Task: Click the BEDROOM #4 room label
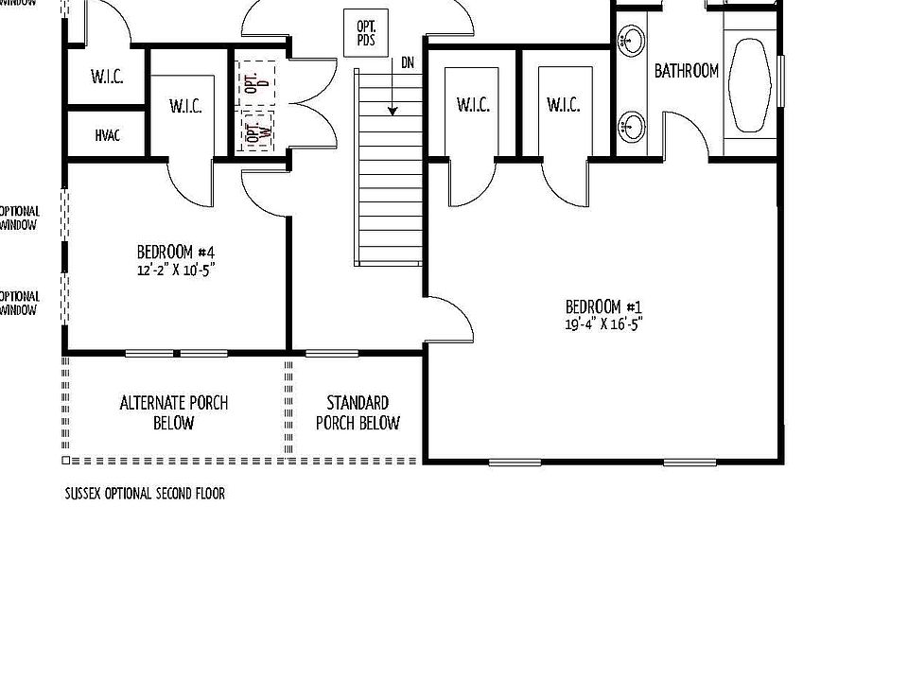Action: coord(176,253)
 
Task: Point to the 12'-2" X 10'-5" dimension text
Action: coord(176,269)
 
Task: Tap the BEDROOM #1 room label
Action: coord(604,306)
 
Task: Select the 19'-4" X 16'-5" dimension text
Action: coord(604,323)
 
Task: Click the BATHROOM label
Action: coord(687,71)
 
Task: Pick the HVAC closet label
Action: coord(107,136)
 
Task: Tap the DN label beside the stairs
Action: coord(408,63)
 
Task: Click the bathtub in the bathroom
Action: coord(753,85)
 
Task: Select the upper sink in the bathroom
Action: coord(632,40)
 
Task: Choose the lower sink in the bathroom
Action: coord(632,124)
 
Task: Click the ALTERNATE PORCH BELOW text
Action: coord(174,412)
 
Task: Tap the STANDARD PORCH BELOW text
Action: coord(358,412)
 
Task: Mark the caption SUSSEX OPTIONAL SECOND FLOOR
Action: coord(145,494)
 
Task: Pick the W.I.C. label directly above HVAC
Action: coord(107,77)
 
